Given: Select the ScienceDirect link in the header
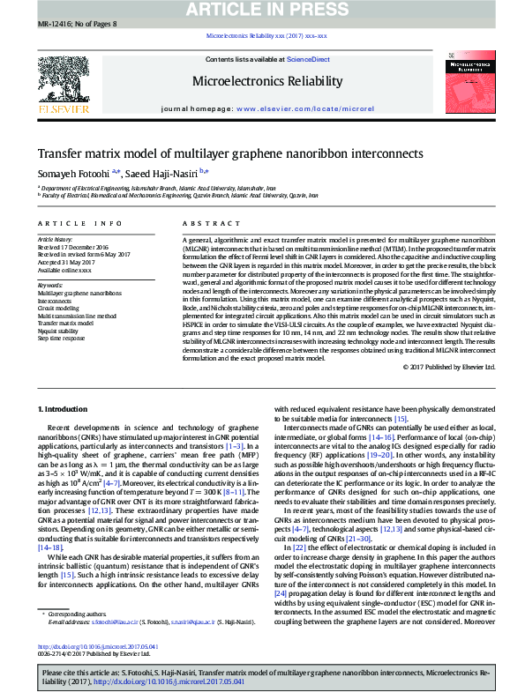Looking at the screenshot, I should point(310,59).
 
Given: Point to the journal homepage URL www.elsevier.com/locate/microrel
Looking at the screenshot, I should point(291,108).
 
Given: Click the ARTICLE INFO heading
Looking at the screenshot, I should point(73,225).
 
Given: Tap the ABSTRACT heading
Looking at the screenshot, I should point(204,225).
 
